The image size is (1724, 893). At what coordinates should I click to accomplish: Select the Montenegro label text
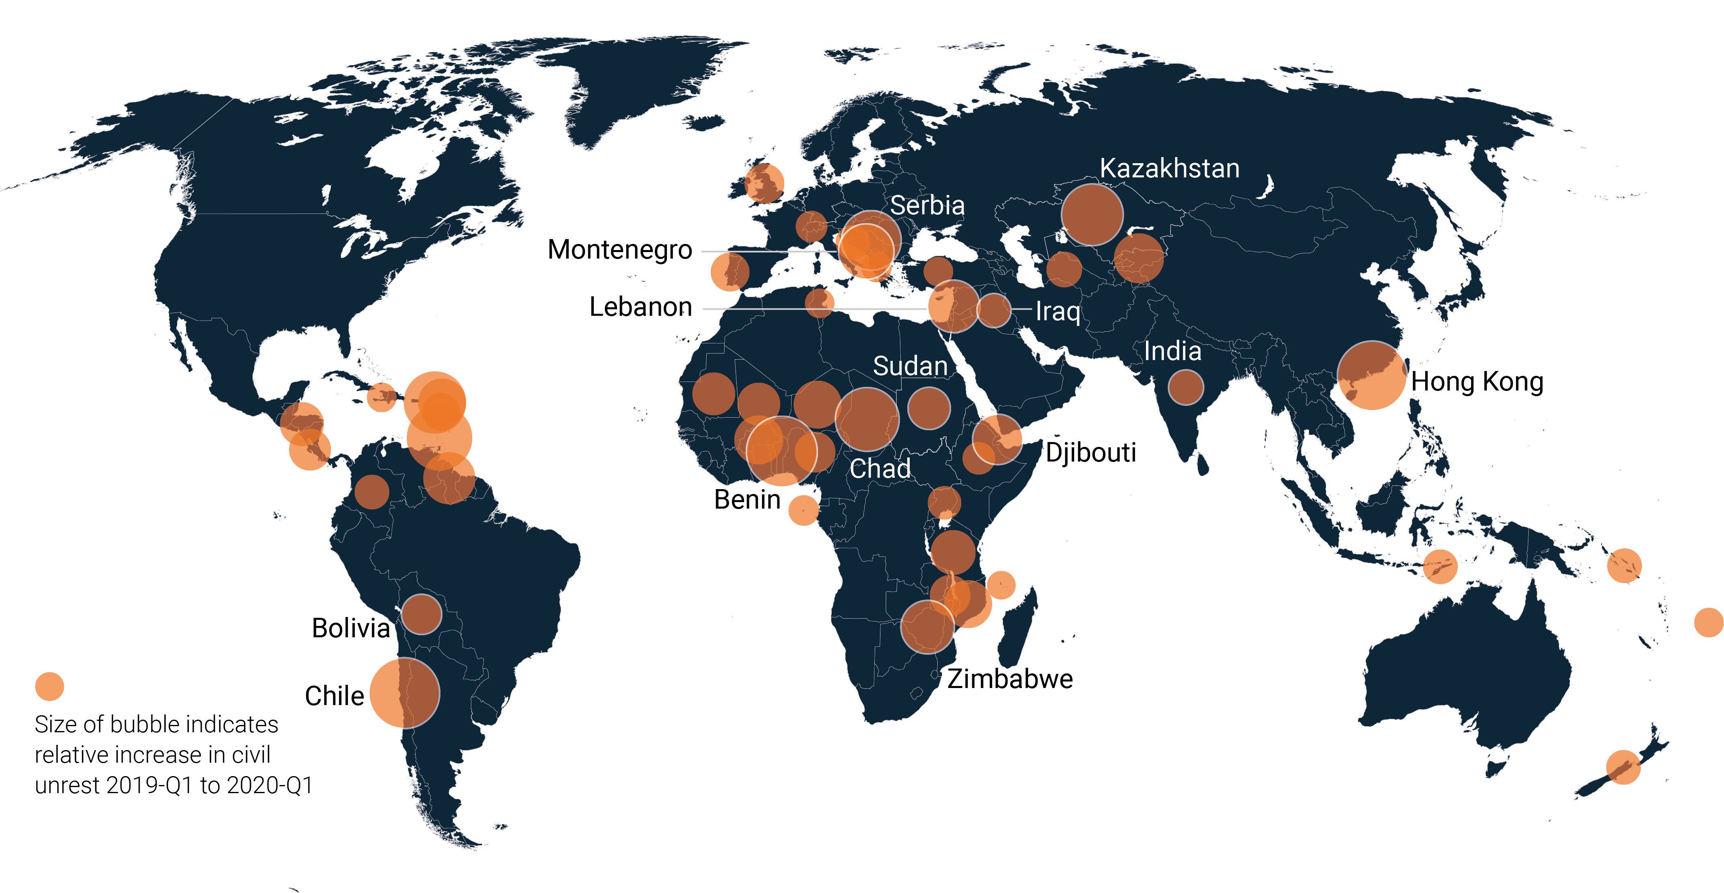620,250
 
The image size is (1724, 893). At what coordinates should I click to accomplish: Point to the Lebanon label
641,307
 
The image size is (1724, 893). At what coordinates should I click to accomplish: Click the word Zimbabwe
1010,679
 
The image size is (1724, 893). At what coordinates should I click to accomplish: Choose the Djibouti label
1091,453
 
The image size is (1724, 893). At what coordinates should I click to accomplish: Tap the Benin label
747,499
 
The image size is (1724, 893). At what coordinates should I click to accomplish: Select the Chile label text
334,696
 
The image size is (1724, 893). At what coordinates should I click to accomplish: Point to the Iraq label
1057,311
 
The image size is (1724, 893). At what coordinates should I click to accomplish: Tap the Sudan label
910,366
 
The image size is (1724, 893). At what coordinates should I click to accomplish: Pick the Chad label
880,468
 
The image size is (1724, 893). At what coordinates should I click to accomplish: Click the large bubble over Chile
404,693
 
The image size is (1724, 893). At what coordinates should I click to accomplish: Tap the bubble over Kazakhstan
1092,214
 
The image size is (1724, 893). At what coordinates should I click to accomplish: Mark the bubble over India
1185,387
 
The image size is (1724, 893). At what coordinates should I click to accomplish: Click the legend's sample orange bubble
50,686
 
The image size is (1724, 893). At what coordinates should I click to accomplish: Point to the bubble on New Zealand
1623,766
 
